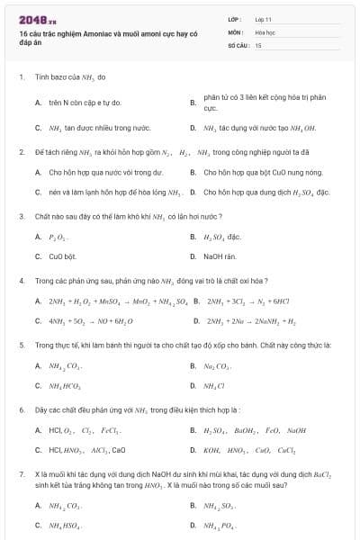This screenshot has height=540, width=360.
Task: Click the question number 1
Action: [21, 77]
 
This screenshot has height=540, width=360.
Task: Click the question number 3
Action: [21, 216]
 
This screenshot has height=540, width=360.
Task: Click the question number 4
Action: [21, 281]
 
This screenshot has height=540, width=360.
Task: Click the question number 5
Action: [21, 346]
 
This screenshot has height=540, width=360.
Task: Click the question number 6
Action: [21, 410]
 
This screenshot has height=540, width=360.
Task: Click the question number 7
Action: [21, 473]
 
